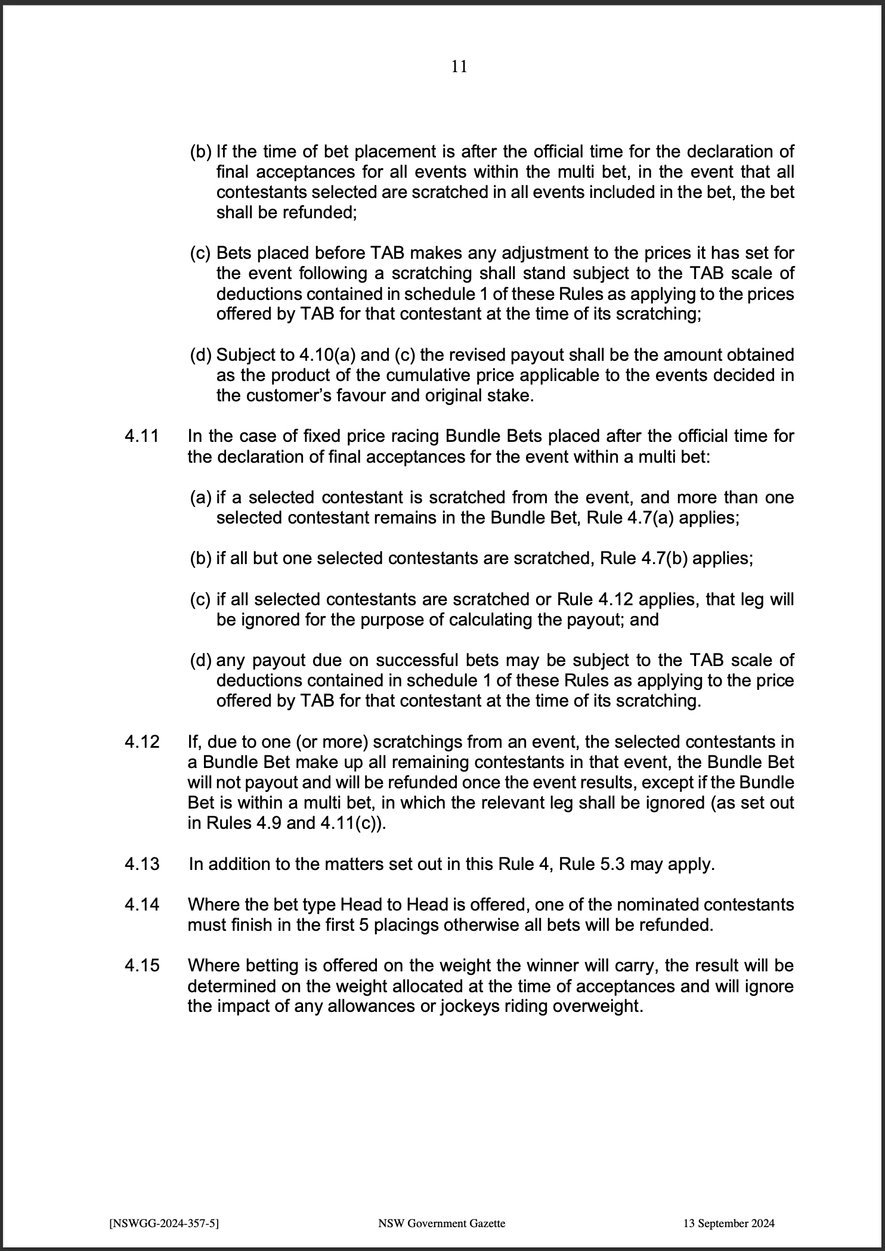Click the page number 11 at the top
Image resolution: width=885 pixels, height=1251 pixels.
coord(459,66)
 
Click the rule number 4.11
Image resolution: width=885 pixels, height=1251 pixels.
coord(142,436)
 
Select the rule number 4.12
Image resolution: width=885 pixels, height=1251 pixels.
coord(142,742)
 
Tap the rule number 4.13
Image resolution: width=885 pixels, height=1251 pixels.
coord(142,864)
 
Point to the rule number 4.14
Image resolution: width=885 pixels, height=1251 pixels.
coord(142,905)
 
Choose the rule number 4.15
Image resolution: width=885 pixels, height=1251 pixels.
coord(142,965)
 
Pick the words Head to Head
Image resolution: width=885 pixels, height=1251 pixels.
coord(394,905)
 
